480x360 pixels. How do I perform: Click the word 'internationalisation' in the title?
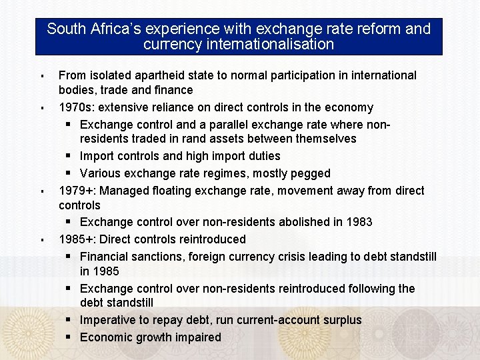[271, 45]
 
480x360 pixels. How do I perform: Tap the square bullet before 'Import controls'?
[69, 156]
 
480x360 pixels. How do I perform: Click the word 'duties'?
[263, 156]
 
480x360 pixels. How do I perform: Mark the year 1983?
[359, 221]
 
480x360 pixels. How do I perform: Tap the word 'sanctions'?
[155, 256]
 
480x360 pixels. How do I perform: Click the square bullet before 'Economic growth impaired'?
[69, 337]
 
